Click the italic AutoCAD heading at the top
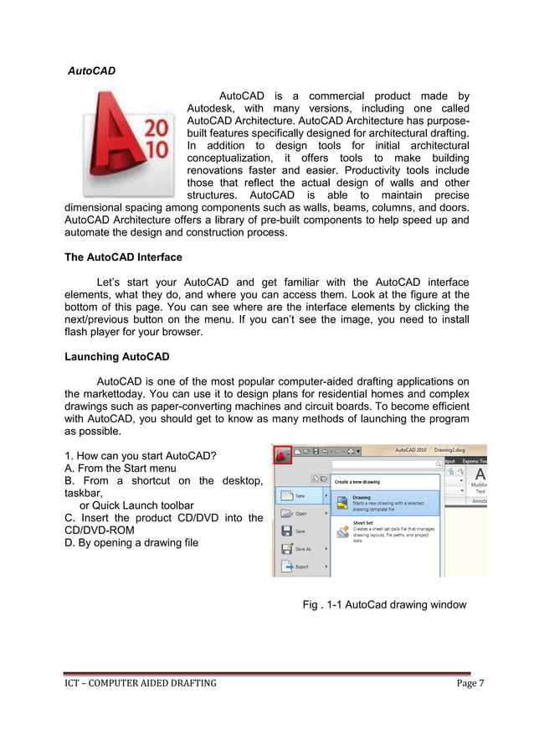(91, 71)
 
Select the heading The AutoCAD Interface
(123, 256)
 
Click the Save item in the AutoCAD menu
(299, 531)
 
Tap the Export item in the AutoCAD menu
(300, 567)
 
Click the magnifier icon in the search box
(437, 463)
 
